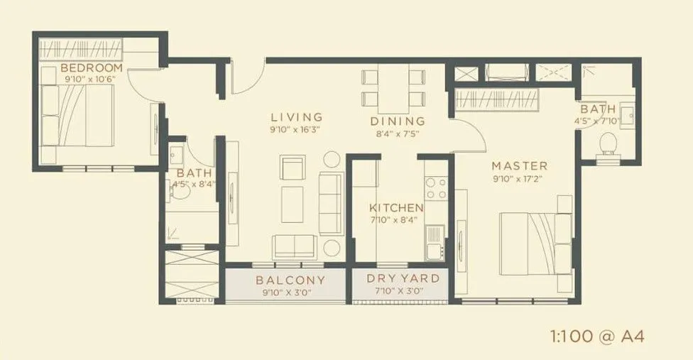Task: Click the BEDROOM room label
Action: tap(92, 68)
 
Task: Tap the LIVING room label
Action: tap(296, 117)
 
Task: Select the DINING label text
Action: tap(398, 121)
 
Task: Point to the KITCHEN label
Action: tap(396, 208)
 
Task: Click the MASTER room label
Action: tap(520, 166)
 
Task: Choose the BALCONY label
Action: tap(290, 280)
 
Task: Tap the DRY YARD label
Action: tap(403, 279)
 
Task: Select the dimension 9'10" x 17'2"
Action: tap(520, 178)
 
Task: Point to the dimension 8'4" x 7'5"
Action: tap(398, 133)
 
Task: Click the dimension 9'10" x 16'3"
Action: tap(295, 129)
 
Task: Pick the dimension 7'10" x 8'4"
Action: tap(396, 221)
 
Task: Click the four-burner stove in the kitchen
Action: tap(435, 187)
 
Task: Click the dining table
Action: tap(393, 86)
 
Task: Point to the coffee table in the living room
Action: tap(293, 204)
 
